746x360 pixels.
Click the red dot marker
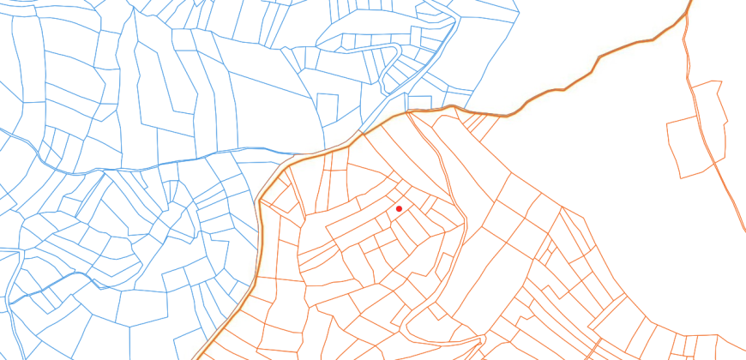(399, 208)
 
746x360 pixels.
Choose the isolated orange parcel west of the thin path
(686, 146)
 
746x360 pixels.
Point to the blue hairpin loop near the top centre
(396, 52)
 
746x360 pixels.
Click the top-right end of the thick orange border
(690, 2)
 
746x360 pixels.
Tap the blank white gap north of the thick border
(583, 34)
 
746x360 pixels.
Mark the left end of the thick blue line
(10, 303)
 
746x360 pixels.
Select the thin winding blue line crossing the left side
(129, 167)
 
